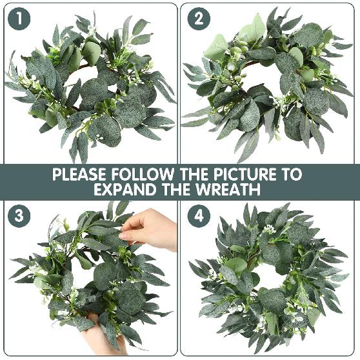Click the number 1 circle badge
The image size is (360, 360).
[x=19, y=19]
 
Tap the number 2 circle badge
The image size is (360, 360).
[x=199, y=19]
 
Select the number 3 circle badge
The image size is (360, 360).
[x=19, y=215]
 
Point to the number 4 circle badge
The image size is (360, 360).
[x=199, y=215]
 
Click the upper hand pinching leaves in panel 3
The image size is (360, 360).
[x=151, y=229]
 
